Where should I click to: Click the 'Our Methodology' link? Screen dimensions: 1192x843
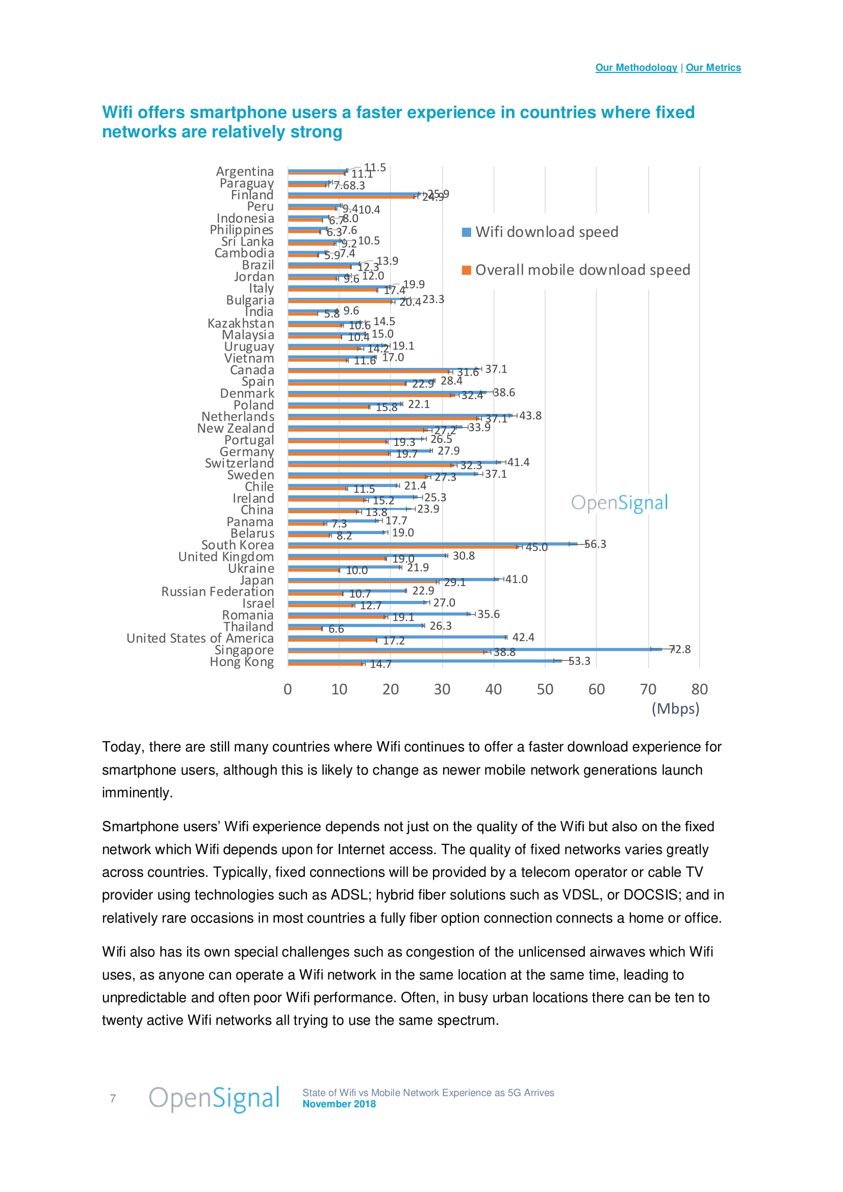pyautogui.click(x=636, y=67)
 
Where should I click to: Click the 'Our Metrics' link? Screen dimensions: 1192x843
pyautogui.click(x=713, y=67)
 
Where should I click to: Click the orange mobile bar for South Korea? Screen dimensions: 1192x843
pyautogui.click(x=402, y=547)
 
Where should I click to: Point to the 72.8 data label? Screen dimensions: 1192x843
pyautogui.click(x=680, y=649)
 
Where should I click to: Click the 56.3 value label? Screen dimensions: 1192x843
pyautogui.click(x=595, y=544)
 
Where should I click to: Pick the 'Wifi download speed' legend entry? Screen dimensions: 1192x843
pyautogui.click(x=546, y=232)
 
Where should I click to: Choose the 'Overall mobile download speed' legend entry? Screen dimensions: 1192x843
pyautogui.click(x=582, y=270)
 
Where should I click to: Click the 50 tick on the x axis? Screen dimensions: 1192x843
pyautogui.click(x=545, y=690)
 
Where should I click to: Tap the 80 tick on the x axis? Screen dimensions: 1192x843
pyautogui.click(x=699, y=690)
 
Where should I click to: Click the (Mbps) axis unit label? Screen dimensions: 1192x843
pyautogui.click(x=675, y=709)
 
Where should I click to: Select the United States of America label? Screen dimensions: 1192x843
pyautogui.click(x=200, y=638)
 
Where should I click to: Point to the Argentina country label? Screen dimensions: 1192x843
pyautogui.click(x=245, y=171)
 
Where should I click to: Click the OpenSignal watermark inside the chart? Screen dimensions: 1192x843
pyautogui.click(x=619, y=502)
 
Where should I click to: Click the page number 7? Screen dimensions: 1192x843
pyautogui.click(x=113, y=1098)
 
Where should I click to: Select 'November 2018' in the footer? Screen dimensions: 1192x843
pyautogui.click(x=339, y=1104)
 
